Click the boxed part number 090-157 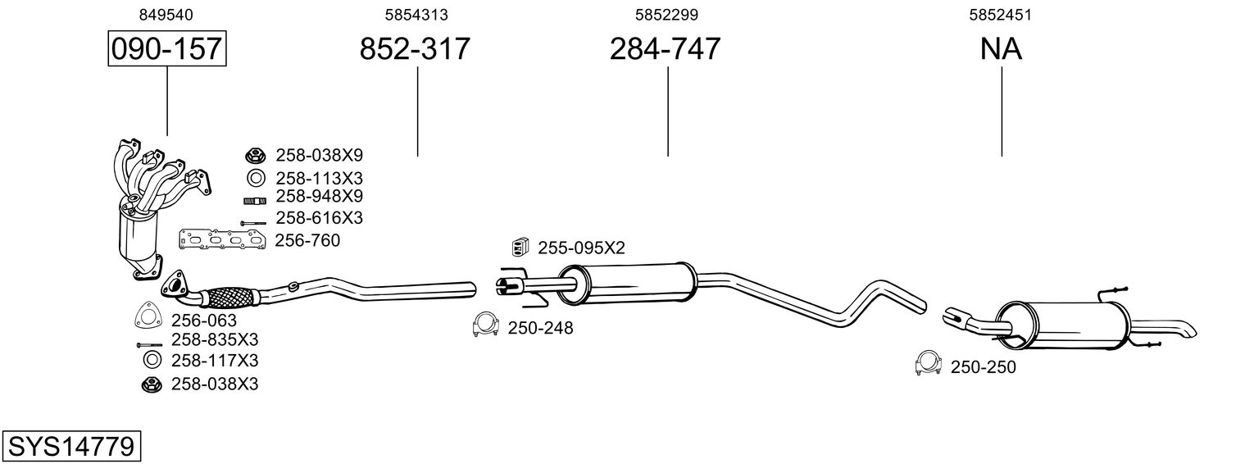167,48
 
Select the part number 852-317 415,48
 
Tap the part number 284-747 665,48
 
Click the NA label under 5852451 1001,48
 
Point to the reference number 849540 166,15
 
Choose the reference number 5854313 416,15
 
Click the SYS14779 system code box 71,447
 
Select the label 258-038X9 319,155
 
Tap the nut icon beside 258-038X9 255,154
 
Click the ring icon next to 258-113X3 256,179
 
